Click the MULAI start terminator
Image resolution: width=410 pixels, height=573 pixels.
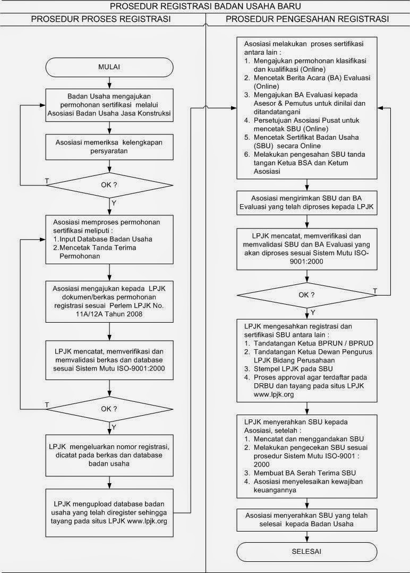[109, 67]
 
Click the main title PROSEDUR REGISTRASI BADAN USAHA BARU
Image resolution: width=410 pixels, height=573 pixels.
[205, 6]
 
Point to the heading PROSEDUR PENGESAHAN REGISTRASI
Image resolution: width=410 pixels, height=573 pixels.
[307, 19]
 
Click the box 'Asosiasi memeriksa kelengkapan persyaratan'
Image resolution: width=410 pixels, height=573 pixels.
[109, 146]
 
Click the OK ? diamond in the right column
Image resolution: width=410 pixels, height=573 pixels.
[306, 294]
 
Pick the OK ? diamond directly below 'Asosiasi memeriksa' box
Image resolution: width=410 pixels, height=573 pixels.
[109, 184]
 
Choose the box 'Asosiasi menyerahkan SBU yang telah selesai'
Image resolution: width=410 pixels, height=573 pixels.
[306, 519]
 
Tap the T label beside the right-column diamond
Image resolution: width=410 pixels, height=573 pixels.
[375, 291]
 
